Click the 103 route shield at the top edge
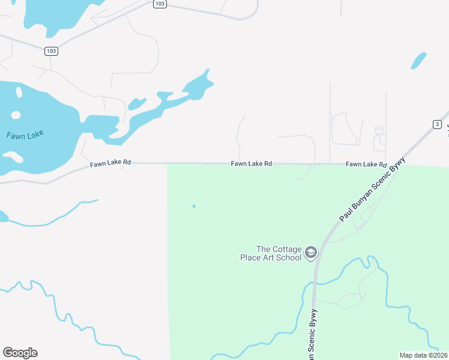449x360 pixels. click(x=159, y=4)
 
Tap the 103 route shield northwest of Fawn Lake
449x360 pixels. click(x=51, y=51)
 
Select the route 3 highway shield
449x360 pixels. click(x=437, y=124)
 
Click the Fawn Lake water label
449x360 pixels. click(x=25, y=135)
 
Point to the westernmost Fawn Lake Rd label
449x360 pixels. click(x=110, y=164)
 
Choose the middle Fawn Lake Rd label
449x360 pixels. click(x=252, y=163)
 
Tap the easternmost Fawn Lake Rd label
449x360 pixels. click(x=366, y=164)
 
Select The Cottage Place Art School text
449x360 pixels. click(x=277, y=253)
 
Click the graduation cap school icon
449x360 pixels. click(x=311, y=253)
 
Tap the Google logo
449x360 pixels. click(x=20, y=353)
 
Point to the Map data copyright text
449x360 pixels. click(x=423, y=355)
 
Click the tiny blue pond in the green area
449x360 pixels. click(x=194, y=206)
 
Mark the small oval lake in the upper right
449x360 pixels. click(x=419, y=61)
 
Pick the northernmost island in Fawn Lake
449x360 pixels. click(x=19, y=92)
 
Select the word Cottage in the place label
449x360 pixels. click(x=286, y=249)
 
